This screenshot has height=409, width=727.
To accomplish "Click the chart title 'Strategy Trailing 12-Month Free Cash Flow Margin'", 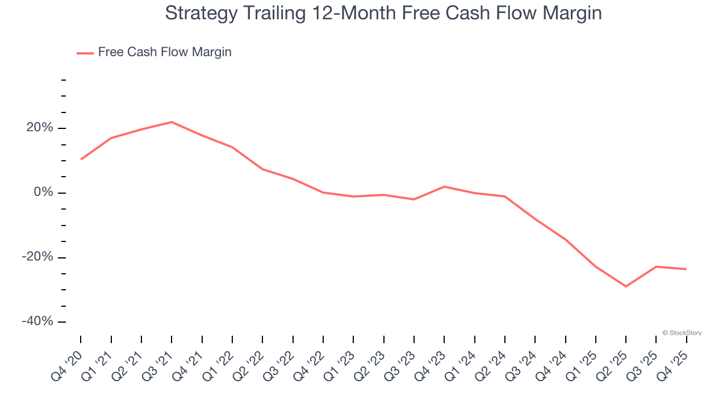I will point(383,13).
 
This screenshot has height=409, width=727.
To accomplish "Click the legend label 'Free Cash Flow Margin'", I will point(165,52).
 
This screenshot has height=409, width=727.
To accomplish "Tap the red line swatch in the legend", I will point(85,53).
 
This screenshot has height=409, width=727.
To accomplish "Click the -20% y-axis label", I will point(38,257).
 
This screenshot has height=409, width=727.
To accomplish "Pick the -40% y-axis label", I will point(38,322).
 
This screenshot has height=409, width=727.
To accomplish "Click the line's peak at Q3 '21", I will point(172,122).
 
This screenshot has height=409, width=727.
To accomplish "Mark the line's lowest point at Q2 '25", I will point(626,286).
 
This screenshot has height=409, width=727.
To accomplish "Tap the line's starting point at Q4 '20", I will point(81,159).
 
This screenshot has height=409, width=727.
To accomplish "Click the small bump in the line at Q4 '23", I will point(444,186).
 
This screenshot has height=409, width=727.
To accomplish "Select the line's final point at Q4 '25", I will point(686,269).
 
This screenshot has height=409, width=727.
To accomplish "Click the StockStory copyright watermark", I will point(682,333).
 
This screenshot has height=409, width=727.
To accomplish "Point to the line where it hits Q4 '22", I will point(323,193).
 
